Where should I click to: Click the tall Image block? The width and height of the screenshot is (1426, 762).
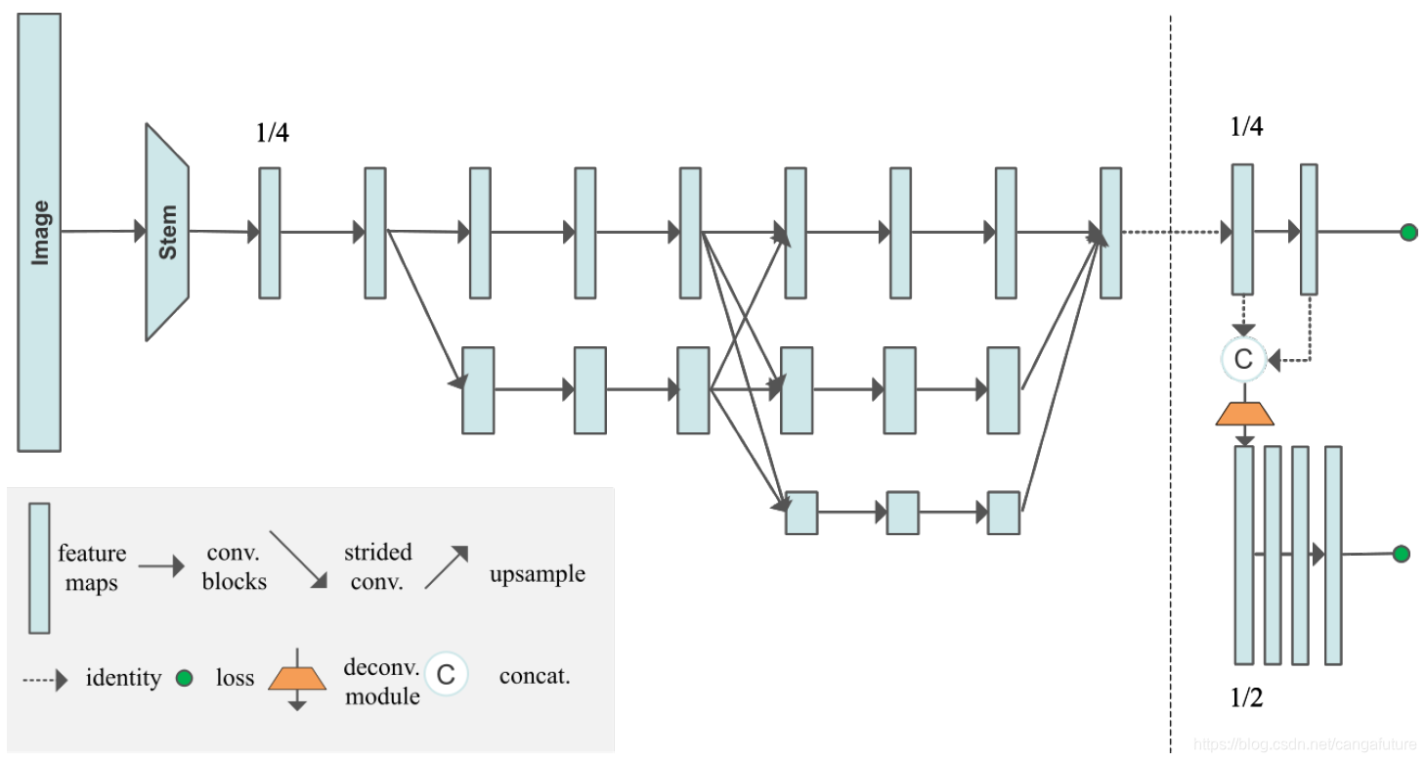tap(40, 232)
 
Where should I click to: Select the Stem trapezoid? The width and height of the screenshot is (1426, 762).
tap(167, 232)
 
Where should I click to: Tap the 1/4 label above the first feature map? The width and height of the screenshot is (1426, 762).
tap(272, 133)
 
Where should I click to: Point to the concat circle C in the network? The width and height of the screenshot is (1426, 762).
tap(1243, 359)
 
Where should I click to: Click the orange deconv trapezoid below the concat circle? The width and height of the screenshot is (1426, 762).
tap(1244, 413)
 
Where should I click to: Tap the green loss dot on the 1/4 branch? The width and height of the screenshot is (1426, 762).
tap(1408, 232)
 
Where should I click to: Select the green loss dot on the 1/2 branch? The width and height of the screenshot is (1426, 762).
tap(1401, 554)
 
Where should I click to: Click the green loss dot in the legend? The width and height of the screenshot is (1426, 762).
tap(184, 678)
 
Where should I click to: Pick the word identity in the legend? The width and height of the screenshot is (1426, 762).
tap(123, 678)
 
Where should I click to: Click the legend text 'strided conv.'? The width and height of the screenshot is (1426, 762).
tap(377, 567)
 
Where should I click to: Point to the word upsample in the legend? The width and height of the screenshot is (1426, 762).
tap(537, 573)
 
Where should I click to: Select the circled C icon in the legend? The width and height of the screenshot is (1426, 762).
tap(446, 674)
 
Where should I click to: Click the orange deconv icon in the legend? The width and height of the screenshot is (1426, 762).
tap(297, 678)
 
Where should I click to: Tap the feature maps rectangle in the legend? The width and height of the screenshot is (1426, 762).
tap(39, 567)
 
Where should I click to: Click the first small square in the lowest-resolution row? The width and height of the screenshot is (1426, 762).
tap(801, 513)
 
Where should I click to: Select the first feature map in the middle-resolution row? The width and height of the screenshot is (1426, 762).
tap(478, 389)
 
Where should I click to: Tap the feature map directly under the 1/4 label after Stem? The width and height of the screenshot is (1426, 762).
tap(270, 232)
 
